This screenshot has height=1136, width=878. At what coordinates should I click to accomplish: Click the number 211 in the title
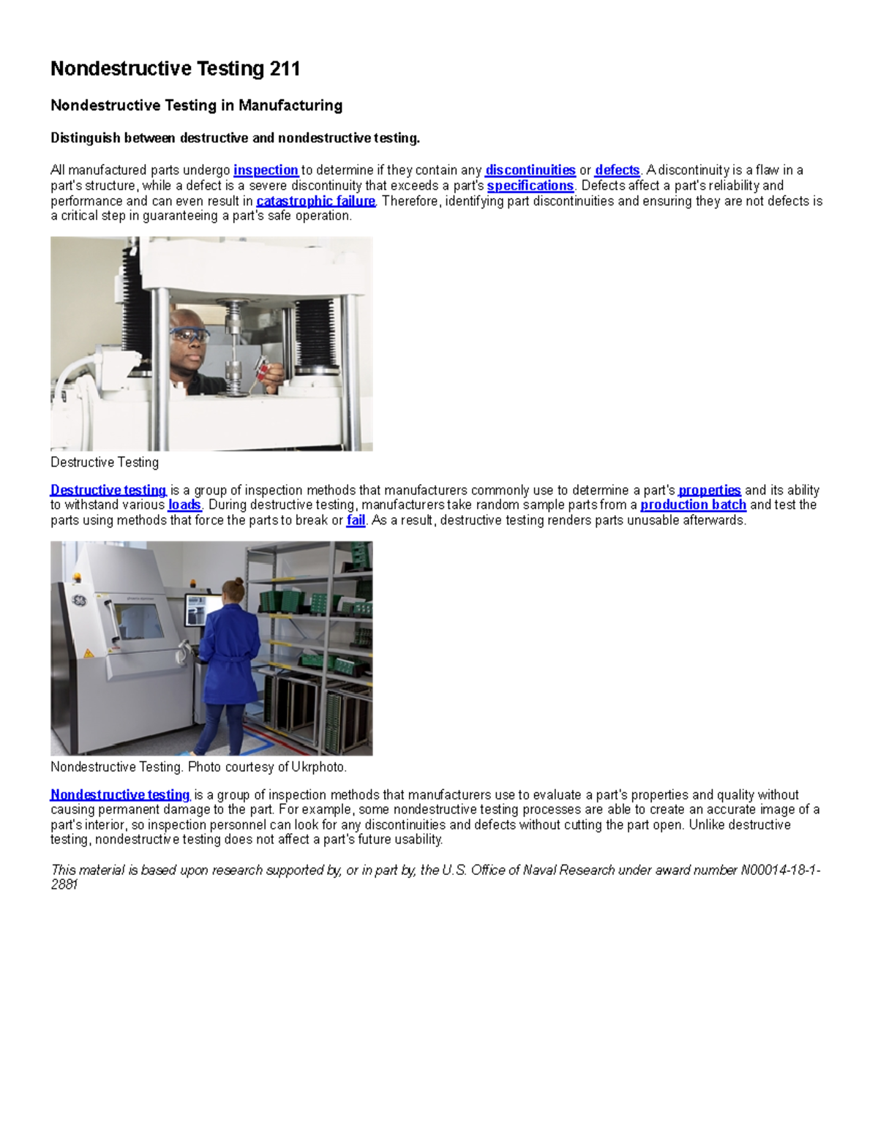(x=285, y=69)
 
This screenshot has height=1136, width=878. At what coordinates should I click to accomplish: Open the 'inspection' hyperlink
(x=266, y=170)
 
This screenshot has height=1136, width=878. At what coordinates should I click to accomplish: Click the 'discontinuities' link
(x=530, y=170)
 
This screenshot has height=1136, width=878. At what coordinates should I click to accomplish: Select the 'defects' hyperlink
(x=618, y=170)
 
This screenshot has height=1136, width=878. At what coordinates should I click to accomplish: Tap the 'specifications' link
(x=530, y=186)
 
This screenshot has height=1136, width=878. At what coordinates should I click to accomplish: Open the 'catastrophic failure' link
(x=315, y=201)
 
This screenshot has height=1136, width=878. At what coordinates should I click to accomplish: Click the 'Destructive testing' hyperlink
(x=108, y=490)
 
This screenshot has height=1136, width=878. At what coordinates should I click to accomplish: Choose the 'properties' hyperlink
(x=710, y=490)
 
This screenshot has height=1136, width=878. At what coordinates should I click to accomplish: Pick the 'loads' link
(x=184, y=505)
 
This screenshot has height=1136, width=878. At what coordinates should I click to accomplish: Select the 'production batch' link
(x=693, y=505)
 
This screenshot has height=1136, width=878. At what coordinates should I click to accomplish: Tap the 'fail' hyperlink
(x=356, y=520)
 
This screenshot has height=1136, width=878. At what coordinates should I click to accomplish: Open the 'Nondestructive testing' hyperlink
(x=120, y=794)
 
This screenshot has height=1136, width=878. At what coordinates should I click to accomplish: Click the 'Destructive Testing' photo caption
(x=105, y=462)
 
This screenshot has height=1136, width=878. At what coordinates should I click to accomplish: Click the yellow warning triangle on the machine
(x=88, y=653)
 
